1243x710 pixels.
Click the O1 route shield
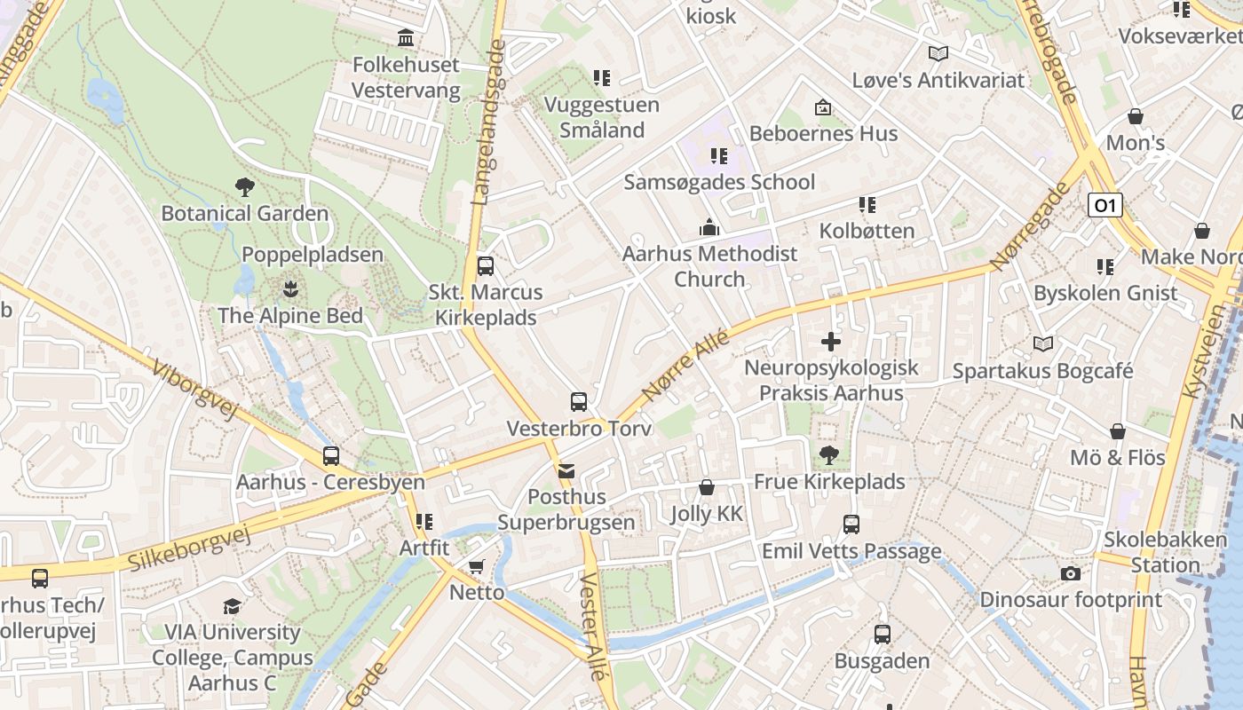[1104, 206]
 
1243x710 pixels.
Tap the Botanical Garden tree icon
[245, 187]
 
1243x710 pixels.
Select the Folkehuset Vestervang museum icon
[407, 38]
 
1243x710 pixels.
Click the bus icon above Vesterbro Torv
[579, 402]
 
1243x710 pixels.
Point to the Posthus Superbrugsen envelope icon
[566, 470]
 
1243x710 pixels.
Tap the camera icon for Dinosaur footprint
[1071, 573]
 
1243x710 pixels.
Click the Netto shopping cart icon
[477, 566]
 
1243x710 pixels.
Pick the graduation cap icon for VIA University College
[232, 606]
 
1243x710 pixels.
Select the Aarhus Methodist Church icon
[709, 227]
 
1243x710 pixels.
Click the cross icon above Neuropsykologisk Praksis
[831, 342]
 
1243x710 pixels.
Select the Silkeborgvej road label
[189, 548]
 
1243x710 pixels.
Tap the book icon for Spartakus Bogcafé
[1043, 344]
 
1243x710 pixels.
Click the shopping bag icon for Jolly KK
[707, 487]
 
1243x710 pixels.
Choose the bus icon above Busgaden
[882, 635]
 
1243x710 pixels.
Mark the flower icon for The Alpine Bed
[290, 289]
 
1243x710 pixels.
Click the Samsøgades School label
[719, 182]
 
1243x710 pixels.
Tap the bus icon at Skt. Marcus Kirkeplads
[485, 266]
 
